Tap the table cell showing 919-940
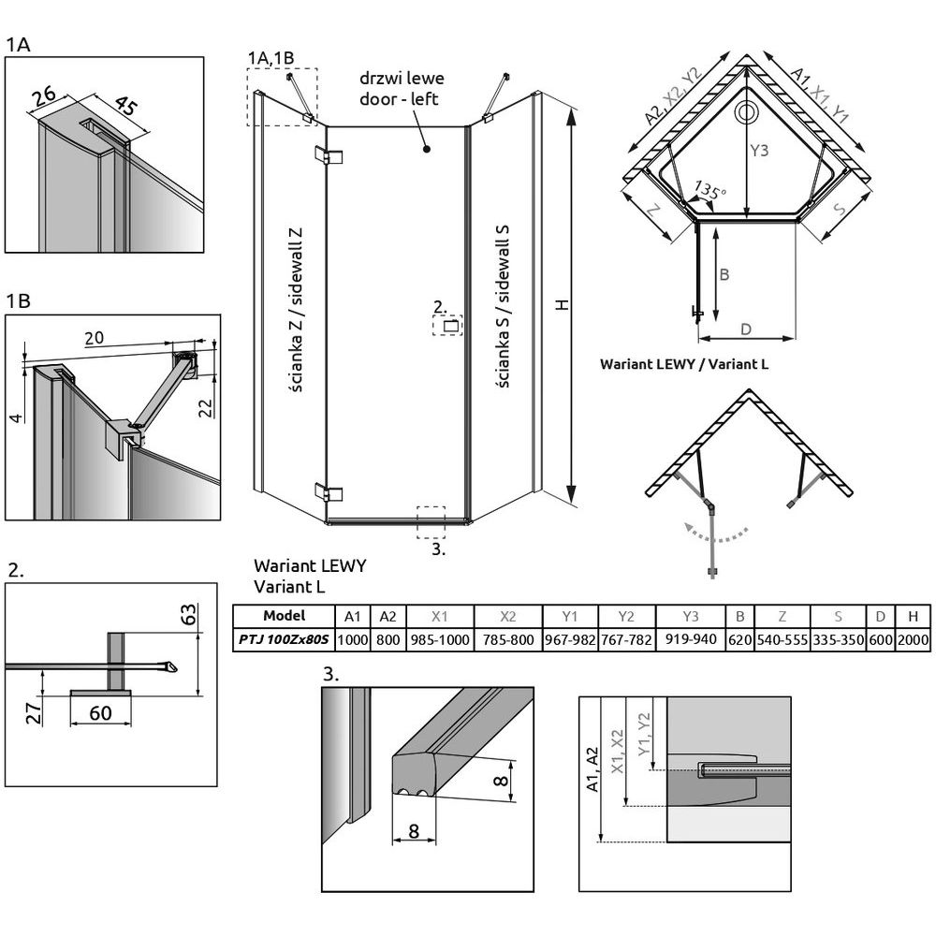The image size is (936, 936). [x=690, y=642]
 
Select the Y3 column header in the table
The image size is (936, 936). [x=690, y=617]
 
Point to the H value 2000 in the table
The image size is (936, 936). [x=912, y=642]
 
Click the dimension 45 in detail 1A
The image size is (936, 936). [x=124, y=106]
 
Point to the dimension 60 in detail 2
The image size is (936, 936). [x=100, y=712]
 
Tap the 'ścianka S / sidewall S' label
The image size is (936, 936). [x=503, y=310]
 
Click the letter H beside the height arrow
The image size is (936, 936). [x=560, y=306]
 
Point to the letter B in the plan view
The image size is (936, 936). [x=724, y=274]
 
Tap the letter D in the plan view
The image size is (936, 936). [x=746, y=329]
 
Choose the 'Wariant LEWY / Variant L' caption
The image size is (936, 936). [x=684, y=363]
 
